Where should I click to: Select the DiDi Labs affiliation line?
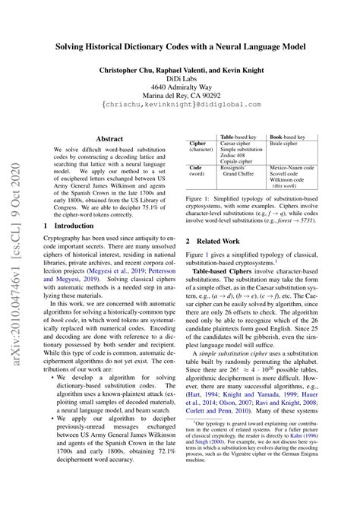coord(180,78)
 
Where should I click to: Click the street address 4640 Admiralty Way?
coord(180,87)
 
